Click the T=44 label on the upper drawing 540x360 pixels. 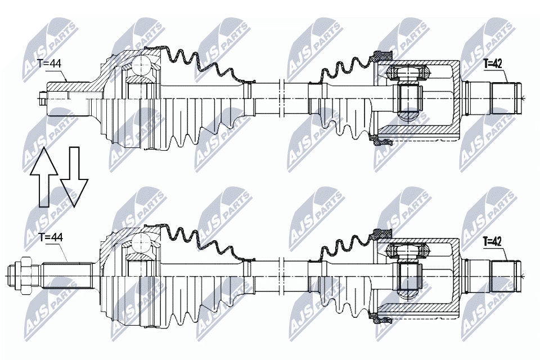tap(49, 65)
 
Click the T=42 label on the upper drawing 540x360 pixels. tap(493, 64)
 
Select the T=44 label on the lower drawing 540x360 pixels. tap(50, 237)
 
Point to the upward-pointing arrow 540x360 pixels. tap(44, 177)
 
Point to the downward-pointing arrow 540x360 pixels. tap(74, 177)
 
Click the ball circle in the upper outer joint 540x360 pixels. tap(141, 65)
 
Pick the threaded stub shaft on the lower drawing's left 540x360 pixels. tap(67, 276)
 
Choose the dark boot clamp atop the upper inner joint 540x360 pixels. tap(383, 55)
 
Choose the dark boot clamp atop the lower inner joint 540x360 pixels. tap(382, 233)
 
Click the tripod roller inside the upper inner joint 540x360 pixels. tap(409, 73)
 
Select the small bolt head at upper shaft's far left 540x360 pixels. tap(43, 98)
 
